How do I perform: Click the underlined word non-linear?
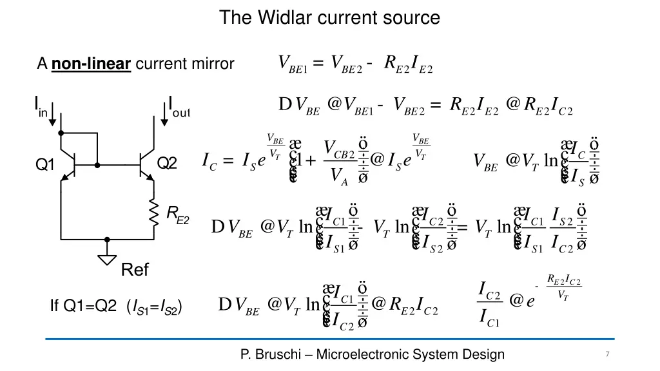pyautogui.click(x=92, y=64)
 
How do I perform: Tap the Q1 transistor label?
pyautogui.click(x=44, y=165)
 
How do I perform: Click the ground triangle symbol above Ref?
pyautogui.click(x=108, y=259)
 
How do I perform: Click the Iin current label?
pyautogui.click(x=40, y=106)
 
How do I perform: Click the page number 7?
pyautogui.click(x=607, y=354)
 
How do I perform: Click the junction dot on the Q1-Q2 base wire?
pyautogui.click(x=97, y=165)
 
